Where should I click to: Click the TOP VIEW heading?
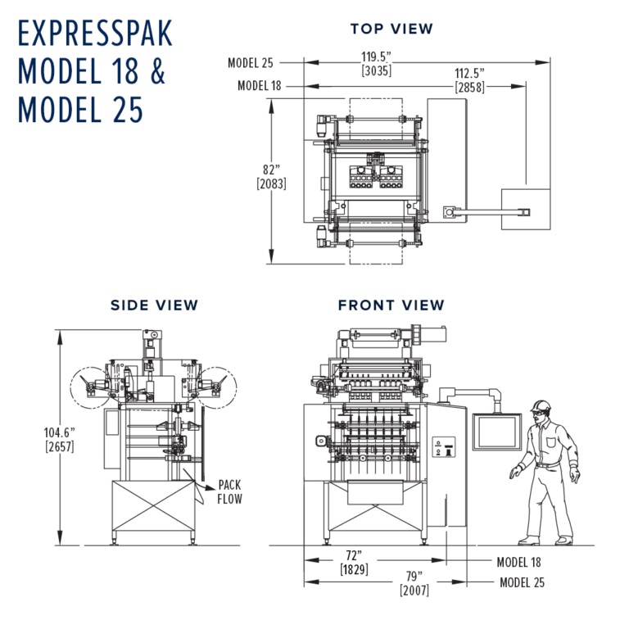[391, 29]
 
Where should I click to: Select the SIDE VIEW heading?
[155, 305]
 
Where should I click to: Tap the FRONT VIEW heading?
[391, 305]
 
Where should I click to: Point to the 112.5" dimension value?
[468, 73]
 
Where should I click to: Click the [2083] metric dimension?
[271, 184]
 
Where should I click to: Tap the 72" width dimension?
[354, 555]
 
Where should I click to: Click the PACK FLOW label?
[229, 491]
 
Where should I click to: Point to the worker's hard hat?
[540, 406]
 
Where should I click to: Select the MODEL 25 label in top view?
[251, 62]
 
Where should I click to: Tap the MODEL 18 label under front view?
[519, 563]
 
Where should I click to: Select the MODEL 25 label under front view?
[522, 583]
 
